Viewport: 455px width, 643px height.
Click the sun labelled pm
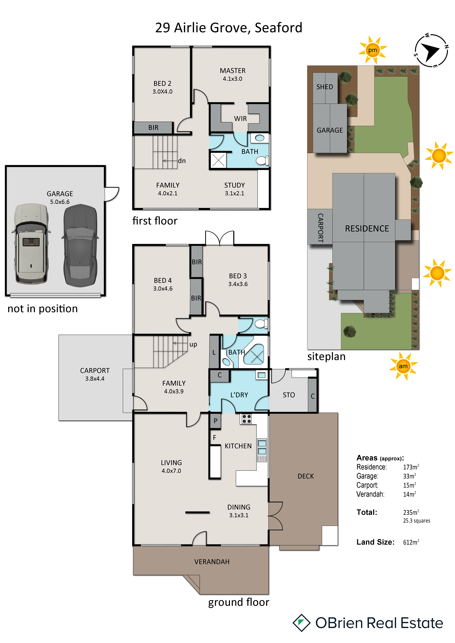(373, 50)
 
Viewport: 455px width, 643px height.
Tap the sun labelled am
(403, 366)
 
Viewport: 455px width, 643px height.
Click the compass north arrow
(430, 51)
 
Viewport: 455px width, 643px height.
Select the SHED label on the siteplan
(325, 87)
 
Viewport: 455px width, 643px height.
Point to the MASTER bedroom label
(233, 71)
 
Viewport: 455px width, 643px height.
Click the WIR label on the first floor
(240, 119)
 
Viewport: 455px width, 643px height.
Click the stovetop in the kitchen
(247, 419)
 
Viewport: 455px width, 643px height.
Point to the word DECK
(306, 476)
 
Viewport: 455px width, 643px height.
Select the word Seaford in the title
(278, 28)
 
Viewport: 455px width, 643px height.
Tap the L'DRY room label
(239, 395)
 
